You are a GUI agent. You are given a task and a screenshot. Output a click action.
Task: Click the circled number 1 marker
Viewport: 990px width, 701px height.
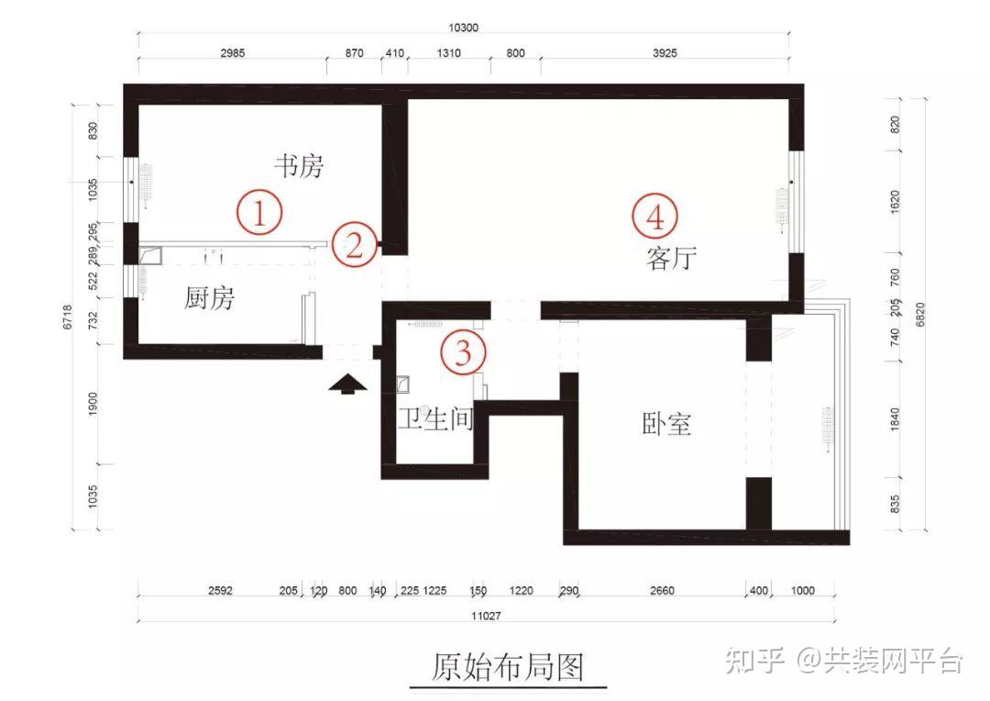(x=259, y=213)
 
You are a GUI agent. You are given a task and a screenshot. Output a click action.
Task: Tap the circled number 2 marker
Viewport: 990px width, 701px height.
(x=354, y=244)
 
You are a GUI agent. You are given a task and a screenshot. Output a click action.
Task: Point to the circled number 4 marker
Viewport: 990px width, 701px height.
(x=655, y=217)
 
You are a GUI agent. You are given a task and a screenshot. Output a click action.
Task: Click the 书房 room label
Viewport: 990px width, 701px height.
(x=299, y=166)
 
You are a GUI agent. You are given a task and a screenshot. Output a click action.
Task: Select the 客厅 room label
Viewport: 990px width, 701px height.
(x=671, y=259)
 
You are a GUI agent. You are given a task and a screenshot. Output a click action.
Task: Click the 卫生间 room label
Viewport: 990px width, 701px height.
(x=435, y=420)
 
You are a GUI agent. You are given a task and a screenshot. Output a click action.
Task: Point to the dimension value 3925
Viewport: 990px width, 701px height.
(x=664, y=53)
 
